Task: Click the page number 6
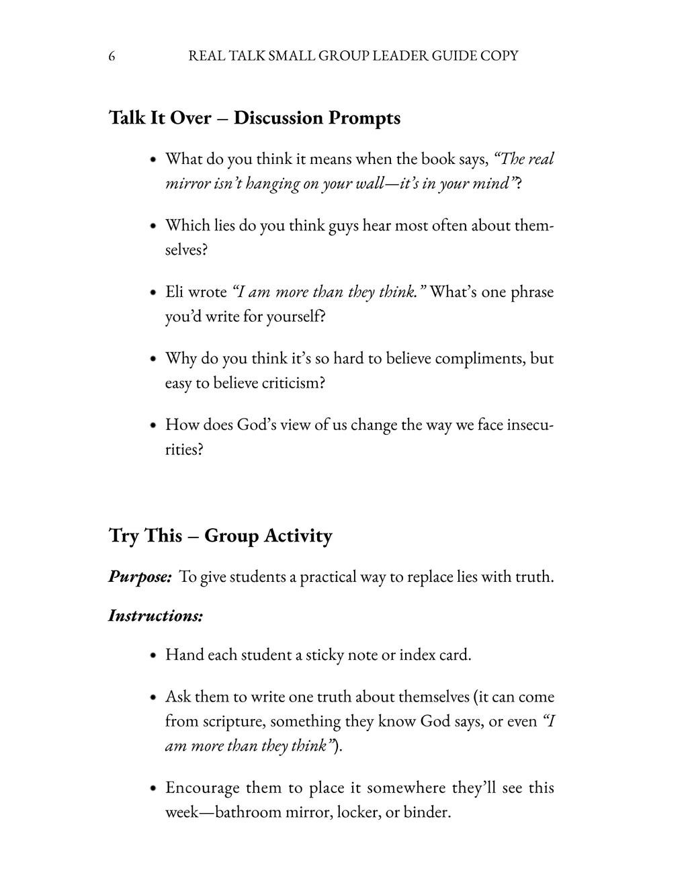[x=112, y=56]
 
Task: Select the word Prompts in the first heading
[x=364, y=118]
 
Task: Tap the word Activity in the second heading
[x=298, y=536]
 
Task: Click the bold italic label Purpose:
[x=140, y=577]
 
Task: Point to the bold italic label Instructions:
[x=156, y=616]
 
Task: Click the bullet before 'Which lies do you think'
[x=153, y=226]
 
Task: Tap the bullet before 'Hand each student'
[x=153, y=655]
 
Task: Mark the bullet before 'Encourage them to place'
[x=153, y=788]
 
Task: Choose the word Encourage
[x=202, y=788]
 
